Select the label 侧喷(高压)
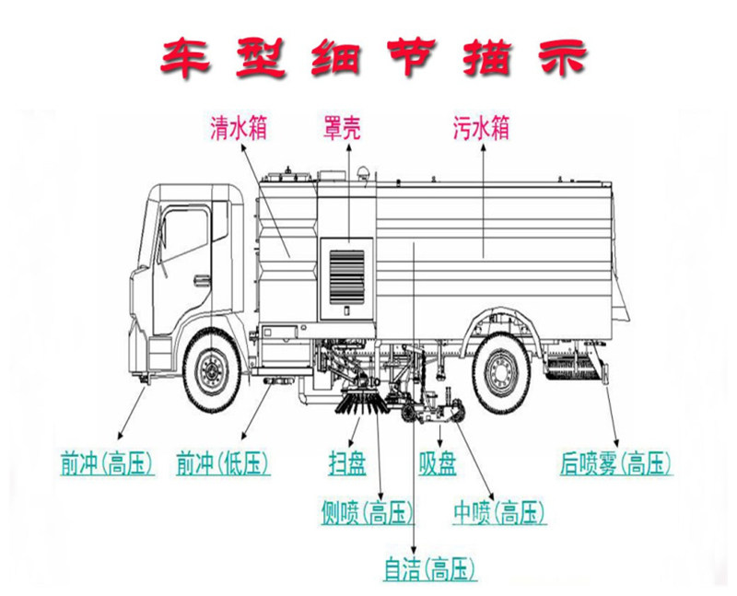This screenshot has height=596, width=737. [366, 513]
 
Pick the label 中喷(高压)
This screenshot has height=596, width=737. [499, 513]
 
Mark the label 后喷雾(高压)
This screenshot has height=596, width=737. [616, 463]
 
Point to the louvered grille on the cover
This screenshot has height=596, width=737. [345, 275]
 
